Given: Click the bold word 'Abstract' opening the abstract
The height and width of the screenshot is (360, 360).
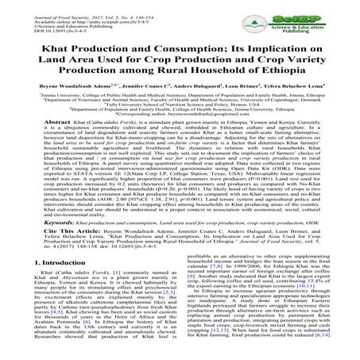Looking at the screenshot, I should tap(43, 146).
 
